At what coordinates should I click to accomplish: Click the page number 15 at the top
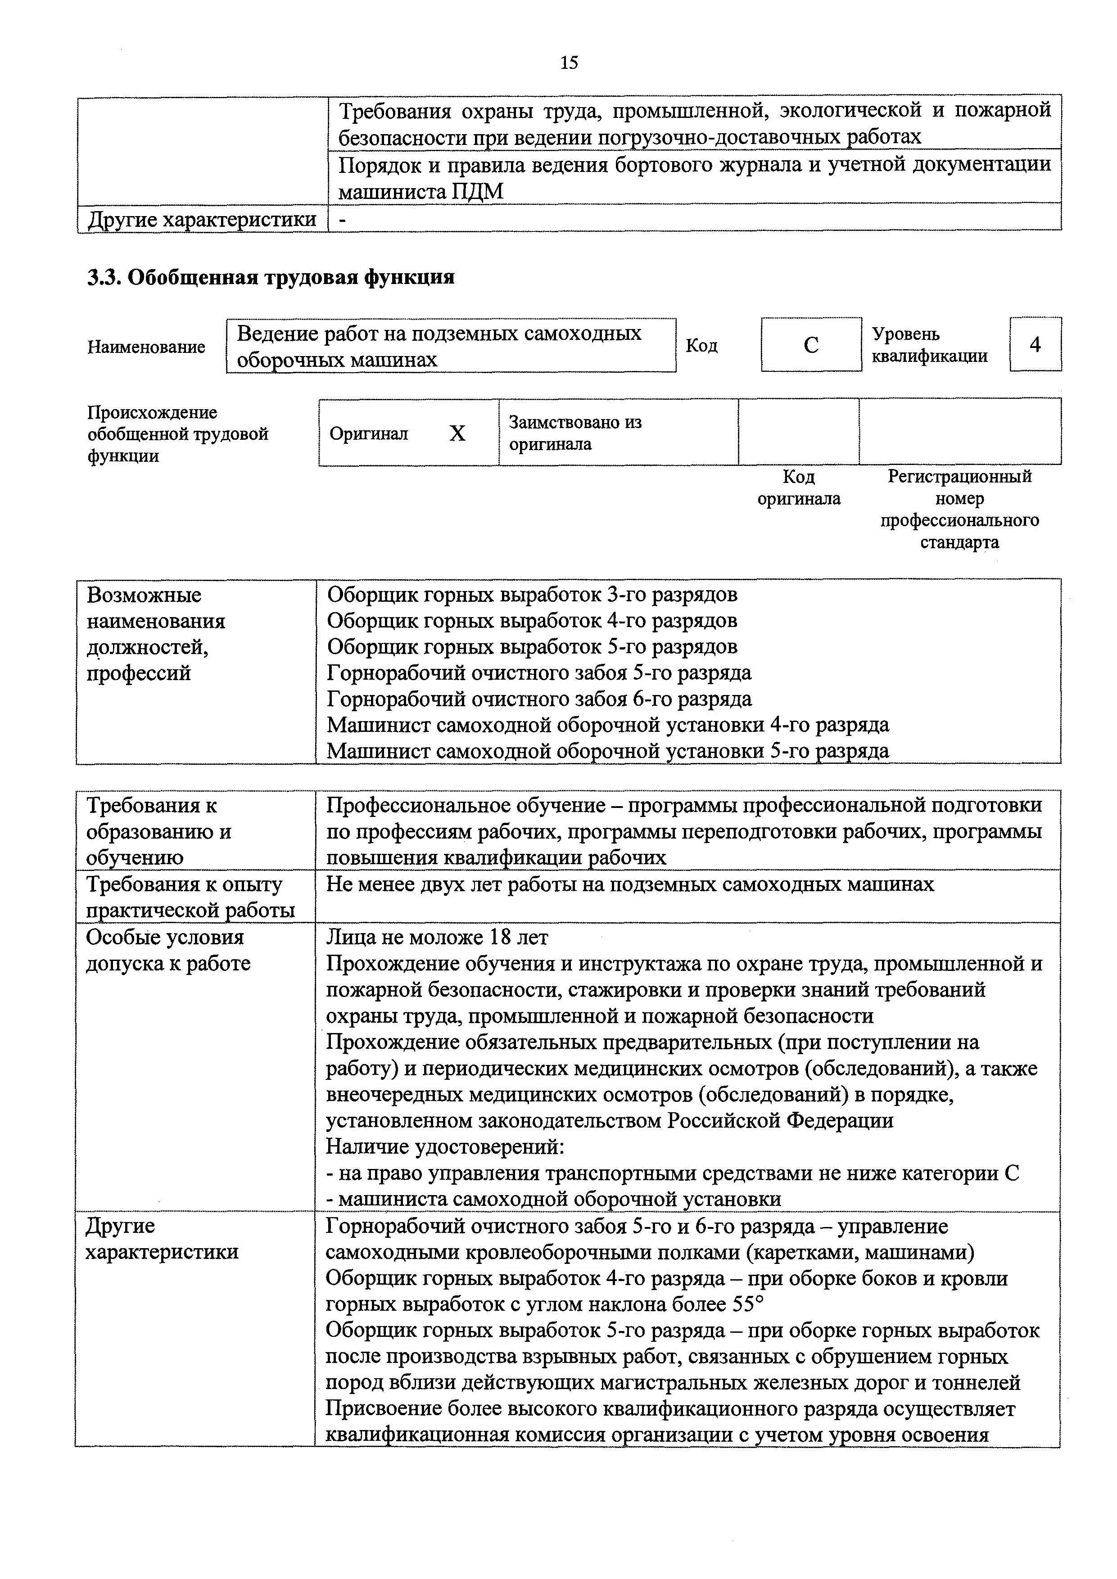point(569,63)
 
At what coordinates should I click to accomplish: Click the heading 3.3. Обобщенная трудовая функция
point(270,277)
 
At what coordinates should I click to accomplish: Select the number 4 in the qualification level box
point(1035,344)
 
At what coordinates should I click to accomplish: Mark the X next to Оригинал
point(457,433)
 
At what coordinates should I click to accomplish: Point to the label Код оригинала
point(799,487)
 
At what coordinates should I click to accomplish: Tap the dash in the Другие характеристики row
point(343,219)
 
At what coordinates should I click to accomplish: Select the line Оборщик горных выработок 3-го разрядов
point(532,594)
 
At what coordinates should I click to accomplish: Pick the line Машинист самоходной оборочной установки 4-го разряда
point(607,725)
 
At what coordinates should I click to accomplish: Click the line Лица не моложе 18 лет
point(438,937)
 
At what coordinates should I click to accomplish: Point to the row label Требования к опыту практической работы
point(190,897)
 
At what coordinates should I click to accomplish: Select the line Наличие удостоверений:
point(445,1146)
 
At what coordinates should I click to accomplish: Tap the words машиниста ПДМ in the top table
point(421,192)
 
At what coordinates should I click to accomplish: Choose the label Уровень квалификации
point(929,345)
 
